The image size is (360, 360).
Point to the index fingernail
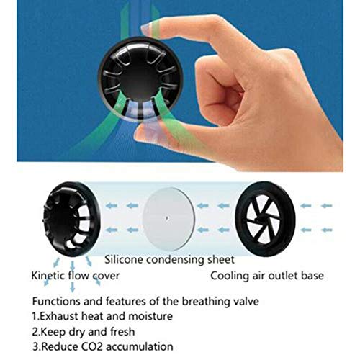[150, 29]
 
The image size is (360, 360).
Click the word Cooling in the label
[230, 275]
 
